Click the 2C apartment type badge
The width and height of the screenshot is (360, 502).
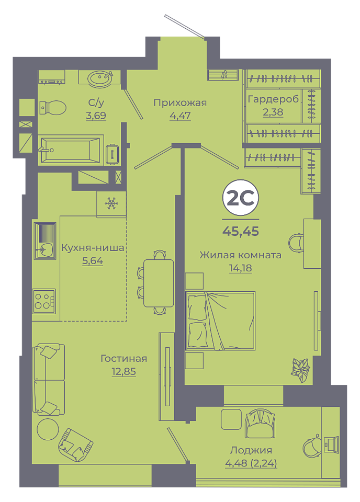(241, 198)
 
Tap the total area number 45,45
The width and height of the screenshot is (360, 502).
(241, 231)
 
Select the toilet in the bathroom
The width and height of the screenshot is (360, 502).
(53, 108)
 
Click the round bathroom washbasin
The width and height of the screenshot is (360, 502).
(100, 78)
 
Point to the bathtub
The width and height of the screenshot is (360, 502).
(71, 150)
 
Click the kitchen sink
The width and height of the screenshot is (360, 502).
(45, 241)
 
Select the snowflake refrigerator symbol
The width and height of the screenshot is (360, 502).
(111, 203)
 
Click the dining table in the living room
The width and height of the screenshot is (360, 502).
(158, 283)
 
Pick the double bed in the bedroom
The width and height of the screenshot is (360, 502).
(220, 321)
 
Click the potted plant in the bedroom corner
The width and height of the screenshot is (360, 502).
(300, 370)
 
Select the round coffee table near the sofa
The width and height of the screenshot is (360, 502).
(48, 429)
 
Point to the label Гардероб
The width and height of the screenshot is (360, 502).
(273, 99)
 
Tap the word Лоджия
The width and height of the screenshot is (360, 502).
(251, 450)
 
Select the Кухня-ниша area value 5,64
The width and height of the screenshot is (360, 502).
(93, 261)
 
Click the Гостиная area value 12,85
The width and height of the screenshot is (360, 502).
(123, 371)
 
